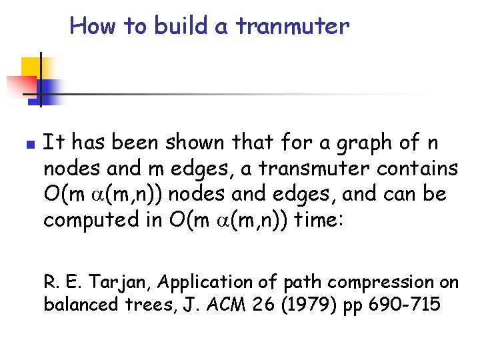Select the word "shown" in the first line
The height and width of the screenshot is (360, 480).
198,142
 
